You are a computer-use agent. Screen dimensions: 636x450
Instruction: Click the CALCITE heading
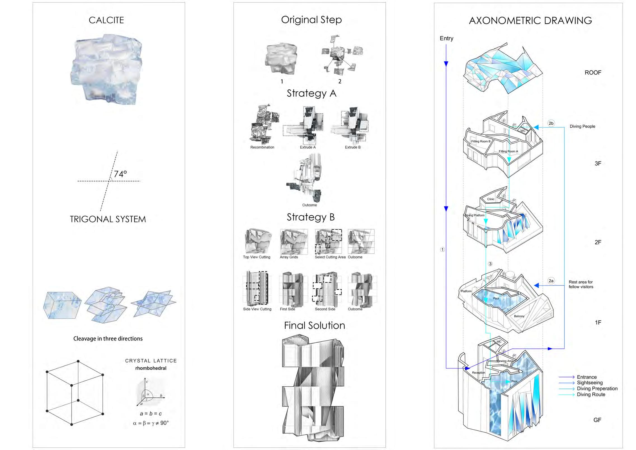(x=106, y=20)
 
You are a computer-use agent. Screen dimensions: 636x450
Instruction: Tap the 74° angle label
(x=120, y=174)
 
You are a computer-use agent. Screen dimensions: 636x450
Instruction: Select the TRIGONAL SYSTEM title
(x=108, y=219)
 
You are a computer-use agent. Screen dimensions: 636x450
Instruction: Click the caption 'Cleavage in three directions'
(x=108, y=339)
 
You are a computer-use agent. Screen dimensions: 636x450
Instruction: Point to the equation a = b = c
(x=151, y=414)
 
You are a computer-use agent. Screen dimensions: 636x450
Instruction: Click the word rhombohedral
(x=151, y=368)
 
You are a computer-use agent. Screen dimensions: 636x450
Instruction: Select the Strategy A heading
(x=312, y=94)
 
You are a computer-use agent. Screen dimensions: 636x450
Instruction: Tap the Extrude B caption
(x=353, y=147)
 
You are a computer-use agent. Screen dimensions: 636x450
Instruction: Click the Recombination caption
(x=262, y=147)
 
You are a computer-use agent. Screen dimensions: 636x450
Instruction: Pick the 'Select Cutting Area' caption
(x=330, y=257)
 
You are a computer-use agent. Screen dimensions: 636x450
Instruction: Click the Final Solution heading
(x=315, y=326)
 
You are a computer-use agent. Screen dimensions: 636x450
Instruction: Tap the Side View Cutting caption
(x=257, y=309)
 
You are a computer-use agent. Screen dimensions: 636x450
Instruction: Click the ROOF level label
(x=593, y=73)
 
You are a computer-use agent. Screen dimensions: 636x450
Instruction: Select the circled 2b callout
(x=551, y=123)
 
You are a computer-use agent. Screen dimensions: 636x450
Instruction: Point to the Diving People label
(x=583, y=126)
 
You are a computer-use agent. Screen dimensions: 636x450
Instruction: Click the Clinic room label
(x=491, y=199)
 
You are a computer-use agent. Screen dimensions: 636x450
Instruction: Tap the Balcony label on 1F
(x=519, y=316)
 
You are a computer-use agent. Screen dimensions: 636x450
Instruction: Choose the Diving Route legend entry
(x=591, y=394)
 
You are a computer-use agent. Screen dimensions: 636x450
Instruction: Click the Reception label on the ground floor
(x=479, y=373)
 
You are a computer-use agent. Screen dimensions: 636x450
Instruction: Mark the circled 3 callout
(x=490, y=264)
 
